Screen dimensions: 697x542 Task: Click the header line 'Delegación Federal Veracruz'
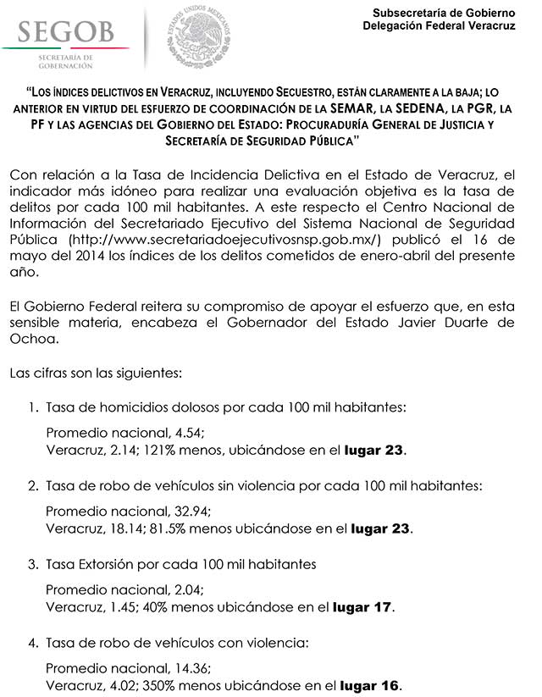point(439,26)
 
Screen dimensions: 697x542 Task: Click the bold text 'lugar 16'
point(371,685)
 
